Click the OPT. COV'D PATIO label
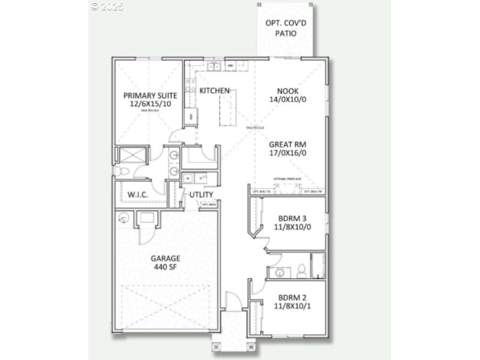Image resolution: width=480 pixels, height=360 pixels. [x=286, y=28]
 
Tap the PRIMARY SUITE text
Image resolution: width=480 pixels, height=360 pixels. [x=148, y=95]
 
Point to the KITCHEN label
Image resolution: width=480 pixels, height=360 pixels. [x=215, y=91]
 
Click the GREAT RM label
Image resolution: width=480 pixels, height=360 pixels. [x=289, y=144]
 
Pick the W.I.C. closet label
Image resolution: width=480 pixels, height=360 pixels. [x=138, y=195]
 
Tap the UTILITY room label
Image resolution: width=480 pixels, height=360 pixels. [x=202, y=195]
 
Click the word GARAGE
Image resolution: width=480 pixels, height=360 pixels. [x=165, y=259]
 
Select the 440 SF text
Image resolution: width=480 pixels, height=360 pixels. [x=165, y=267]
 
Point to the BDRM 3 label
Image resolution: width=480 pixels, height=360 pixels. [x=292, y=219]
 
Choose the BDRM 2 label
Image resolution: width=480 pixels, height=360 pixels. [x=292, y=298]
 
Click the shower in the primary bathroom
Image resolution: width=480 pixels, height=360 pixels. [x=132, y=155]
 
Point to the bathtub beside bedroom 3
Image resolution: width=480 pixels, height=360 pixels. [x=317, y=266]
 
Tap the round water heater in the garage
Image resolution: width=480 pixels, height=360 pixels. [x=125, y=218]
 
